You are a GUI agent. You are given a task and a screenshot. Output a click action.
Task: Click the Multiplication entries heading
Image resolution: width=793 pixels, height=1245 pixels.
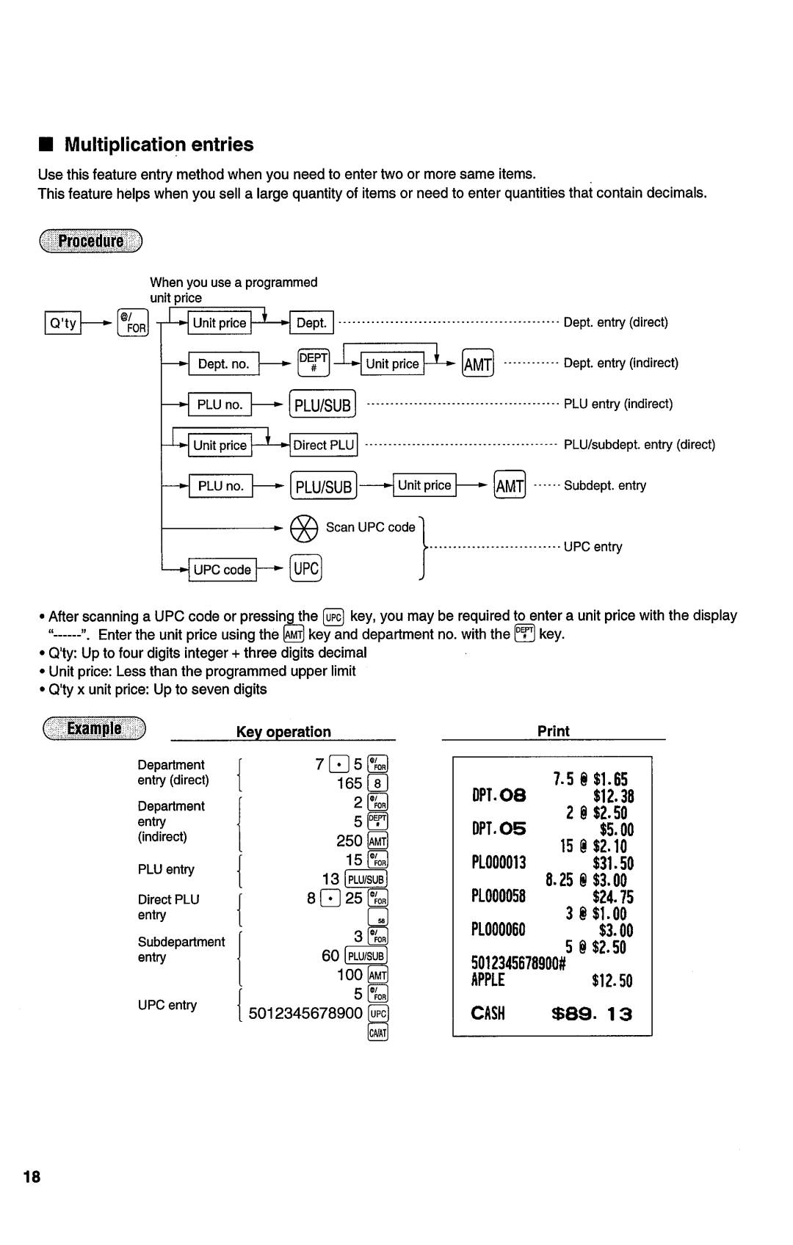tap(159, 145)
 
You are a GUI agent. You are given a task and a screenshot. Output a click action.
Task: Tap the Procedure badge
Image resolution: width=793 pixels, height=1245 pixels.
tap(90, 241)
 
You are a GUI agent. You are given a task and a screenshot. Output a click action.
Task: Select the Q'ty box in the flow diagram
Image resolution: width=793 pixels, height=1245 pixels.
tap(63, 323)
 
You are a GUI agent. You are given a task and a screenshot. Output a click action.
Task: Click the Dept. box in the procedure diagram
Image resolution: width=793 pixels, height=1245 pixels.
tap(312, 323)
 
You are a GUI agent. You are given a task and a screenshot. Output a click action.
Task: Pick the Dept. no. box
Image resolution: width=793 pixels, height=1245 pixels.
tap(223, 364)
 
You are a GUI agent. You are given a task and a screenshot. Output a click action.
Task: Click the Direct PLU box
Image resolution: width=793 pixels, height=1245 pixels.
tap(324, 445)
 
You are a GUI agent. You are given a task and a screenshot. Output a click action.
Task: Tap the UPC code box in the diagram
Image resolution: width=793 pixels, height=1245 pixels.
tap(222, 570)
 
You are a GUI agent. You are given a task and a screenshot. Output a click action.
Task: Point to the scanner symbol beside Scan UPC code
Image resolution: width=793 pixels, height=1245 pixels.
tap(304, 528)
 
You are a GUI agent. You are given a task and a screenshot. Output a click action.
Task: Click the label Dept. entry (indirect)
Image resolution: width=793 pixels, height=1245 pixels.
tap(620, 363)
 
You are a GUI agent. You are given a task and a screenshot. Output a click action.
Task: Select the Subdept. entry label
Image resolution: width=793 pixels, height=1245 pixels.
tap(605, 485)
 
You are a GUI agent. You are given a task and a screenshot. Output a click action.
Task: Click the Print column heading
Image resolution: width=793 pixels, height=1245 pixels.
tap(553, 731)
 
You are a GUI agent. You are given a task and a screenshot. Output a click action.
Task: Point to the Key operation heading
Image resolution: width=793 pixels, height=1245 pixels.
tap(283, 732)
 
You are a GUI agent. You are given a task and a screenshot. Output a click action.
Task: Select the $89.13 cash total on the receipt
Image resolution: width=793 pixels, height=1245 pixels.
tap(591, 1014)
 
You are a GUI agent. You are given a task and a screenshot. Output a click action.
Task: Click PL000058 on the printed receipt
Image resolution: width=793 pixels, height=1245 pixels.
tap(499, 896)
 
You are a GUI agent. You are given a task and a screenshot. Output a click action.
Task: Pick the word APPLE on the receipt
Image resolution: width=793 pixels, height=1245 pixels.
tap(488, 981)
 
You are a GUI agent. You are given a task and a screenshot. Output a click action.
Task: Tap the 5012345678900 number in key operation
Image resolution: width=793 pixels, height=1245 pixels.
tap(305, 1014)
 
